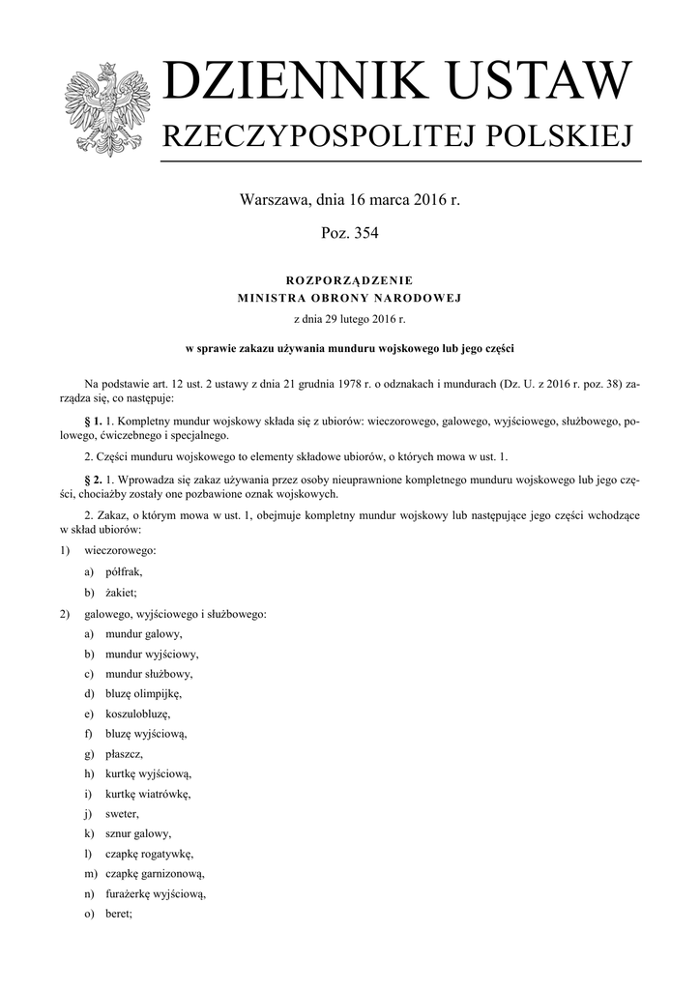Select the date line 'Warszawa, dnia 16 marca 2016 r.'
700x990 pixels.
coord(349,201)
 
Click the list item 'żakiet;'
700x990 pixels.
coord(121,592)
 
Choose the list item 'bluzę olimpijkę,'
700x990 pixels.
coord(143,693)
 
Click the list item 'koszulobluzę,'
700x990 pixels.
coord(137,713)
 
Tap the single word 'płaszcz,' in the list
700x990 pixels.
coord(125,753)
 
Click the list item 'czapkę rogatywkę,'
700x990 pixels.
coord(150,854)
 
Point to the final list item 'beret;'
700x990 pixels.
coord(119,914)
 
